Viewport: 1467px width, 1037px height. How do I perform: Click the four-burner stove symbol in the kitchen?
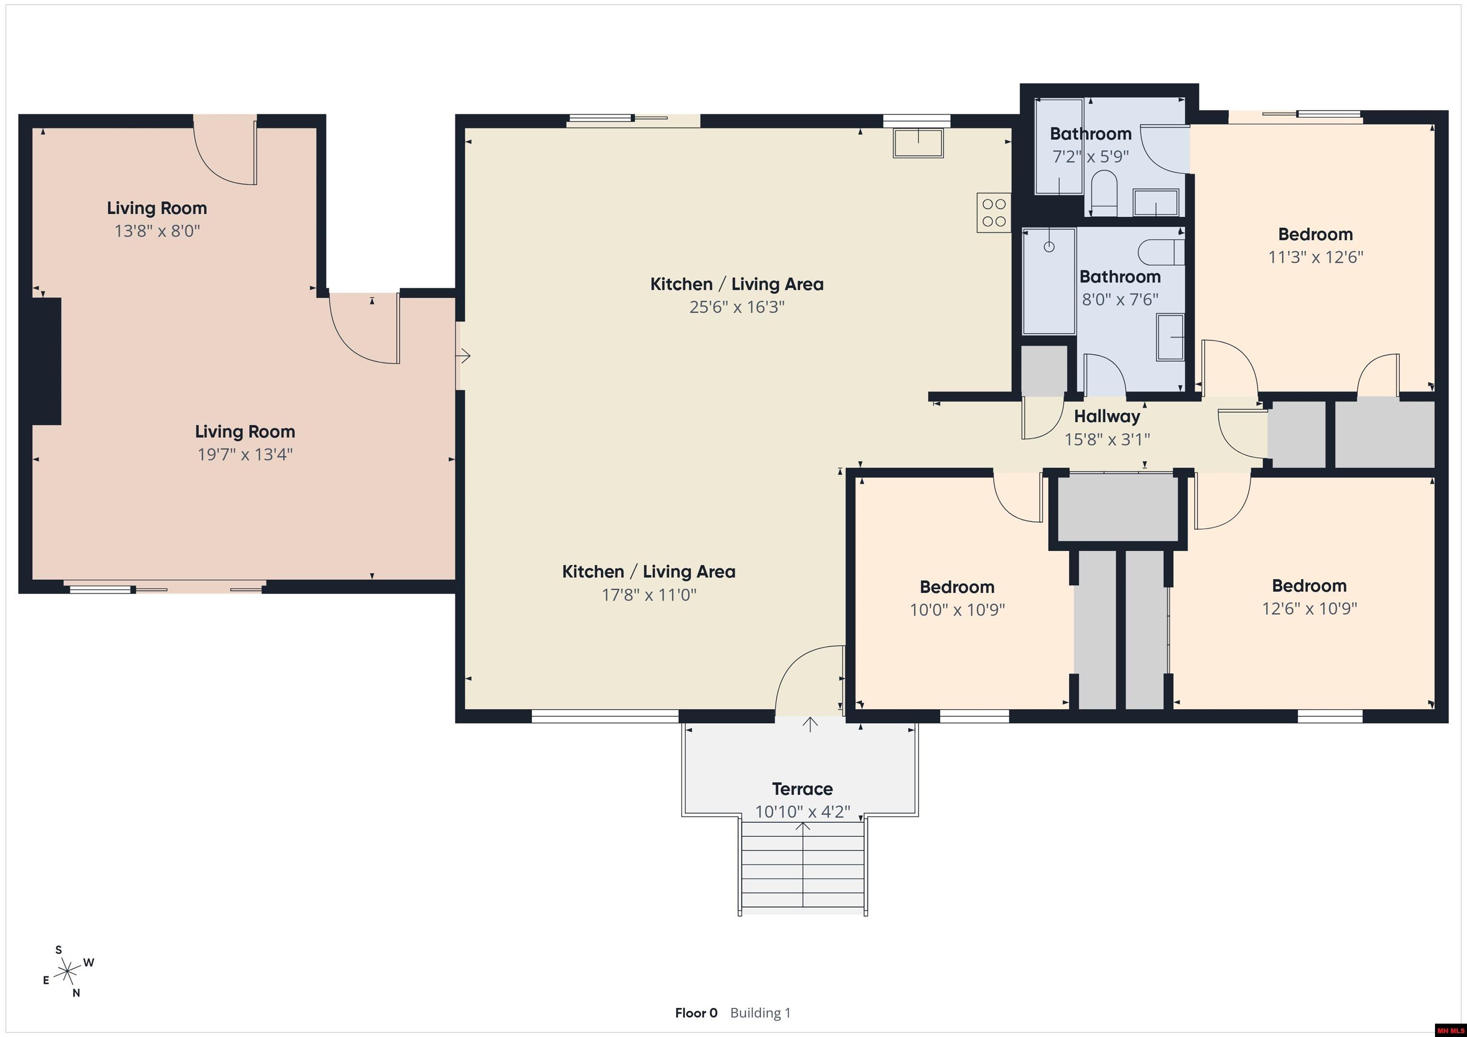click(x=994, y=213)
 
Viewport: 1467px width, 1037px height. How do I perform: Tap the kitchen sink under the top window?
click(x=918, y=143)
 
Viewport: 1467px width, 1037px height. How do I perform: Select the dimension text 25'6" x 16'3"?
click(x=737, y=307)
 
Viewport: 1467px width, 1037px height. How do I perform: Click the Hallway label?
click(x=1106, y=416)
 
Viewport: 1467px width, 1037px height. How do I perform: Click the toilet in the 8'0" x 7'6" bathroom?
click(x=1161, y=252)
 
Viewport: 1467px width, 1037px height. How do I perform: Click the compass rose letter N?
click(x=76, y=993)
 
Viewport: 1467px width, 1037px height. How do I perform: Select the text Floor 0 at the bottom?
click(x=696, y=1013)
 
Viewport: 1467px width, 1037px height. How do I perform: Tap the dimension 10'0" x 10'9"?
click(x=957, y=610)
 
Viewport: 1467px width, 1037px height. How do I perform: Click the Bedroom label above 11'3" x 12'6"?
click(x=1315, y=234)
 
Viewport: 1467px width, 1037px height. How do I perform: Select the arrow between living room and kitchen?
click(x=464, y=356)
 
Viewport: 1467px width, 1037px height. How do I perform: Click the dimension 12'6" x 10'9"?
click(x=1309, y=608)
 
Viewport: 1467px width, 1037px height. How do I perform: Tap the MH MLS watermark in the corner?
click(x=1449, y=1030)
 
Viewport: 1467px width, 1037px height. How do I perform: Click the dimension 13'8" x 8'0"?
click(x=157, y=231)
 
